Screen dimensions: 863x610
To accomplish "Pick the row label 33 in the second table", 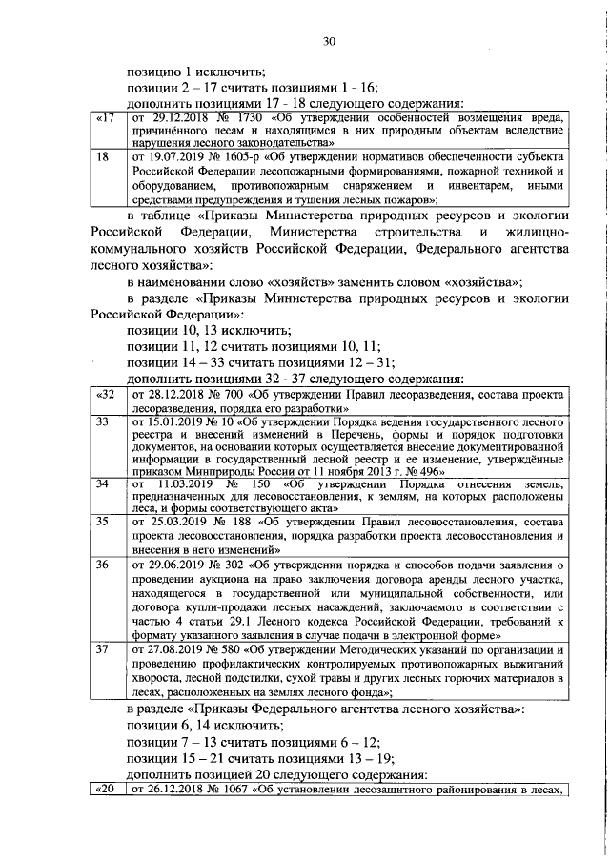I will point(103,421).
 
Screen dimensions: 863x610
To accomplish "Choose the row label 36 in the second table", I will point(103,565).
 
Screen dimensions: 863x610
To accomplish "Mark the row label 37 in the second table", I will point(103,649).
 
